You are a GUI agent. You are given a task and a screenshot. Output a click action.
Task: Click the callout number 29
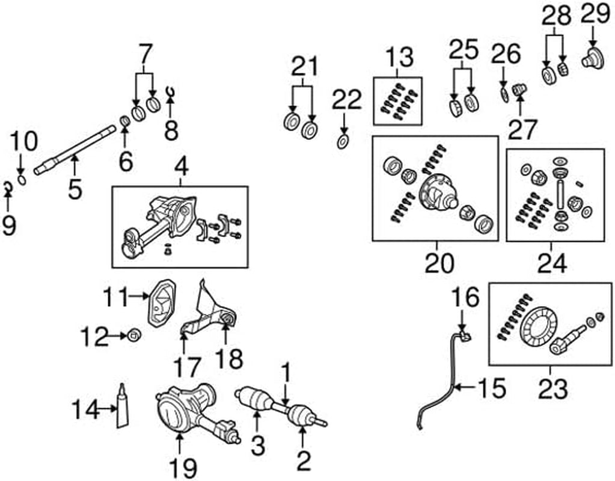[595, 16]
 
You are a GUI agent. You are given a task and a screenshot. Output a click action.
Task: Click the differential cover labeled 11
[161, 304]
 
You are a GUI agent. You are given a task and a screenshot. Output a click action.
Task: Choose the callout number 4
[180, 165]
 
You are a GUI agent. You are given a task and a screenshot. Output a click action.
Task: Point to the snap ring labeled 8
[170, 91]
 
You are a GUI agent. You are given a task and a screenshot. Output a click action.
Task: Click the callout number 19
[180, 468]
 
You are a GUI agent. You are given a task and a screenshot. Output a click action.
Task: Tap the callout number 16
[465, 296]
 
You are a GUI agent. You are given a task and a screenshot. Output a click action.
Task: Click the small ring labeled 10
[23, 179]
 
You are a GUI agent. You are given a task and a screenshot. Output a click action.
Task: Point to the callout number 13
[399, 58]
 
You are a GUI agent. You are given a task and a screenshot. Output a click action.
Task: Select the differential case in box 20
[436, 191]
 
